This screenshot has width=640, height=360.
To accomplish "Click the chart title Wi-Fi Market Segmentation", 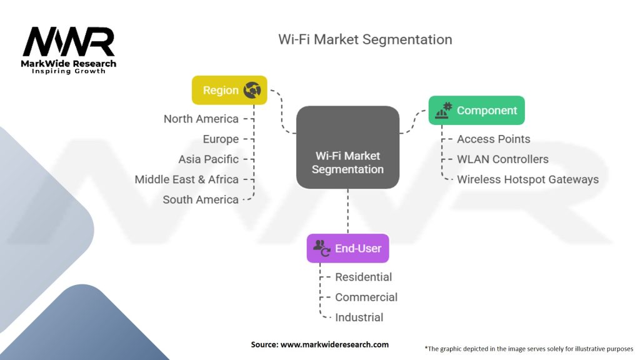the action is tap(365, 39).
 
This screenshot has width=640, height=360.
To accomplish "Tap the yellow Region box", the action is tap(229, 90).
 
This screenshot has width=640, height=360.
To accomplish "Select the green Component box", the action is tap(477, 110).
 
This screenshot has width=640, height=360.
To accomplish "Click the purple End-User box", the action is tap(347, 248).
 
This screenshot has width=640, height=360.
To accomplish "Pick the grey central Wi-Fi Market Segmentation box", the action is tap(347, 147).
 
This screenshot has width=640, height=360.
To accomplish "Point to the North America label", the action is tap(201, 119).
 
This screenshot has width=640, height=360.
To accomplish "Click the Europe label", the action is tap(221, 139).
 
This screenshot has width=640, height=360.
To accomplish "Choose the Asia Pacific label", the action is tap(209, 159).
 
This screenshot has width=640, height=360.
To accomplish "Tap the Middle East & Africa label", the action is tap(186, 179).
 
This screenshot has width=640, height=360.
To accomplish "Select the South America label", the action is tap(201, 199).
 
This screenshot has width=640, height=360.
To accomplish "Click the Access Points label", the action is tap(494, 139).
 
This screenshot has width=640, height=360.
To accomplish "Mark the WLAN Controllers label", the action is tap(503, 159).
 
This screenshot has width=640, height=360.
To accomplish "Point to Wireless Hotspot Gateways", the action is tap(527, 179).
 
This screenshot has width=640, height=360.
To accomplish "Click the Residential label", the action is tap(363, 277).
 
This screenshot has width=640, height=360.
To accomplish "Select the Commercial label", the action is tap(366, 297).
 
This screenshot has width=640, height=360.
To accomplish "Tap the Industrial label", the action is tap(359, 317).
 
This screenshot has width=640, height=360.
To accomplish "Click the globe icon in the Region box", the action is tap(252, 90).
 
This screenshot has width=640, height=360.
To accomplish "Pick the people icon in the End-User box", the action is tap(322, 247).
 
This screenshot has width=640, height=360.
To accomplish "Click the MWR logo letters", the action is tap(69, 42).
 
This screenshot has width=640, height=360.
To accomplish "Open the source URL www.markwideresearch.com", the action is tap(335, 344).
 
